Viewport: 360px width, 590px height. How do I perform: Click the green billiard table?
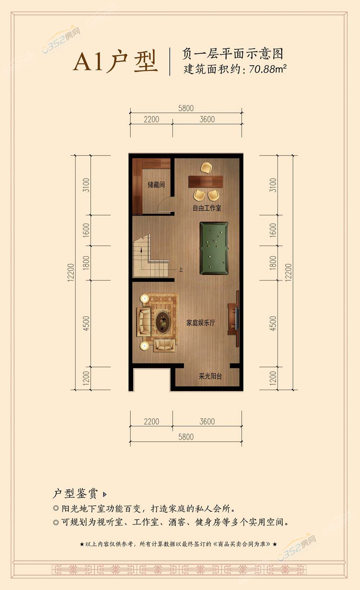coord(214,248)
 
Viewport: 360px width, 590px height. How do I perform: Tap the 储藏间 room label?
coord(156,185)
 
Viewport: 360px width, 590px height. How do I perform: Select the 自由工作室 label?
coord(207,208)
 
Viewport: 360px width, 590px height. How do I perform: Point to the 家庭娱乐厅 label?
coord(201,323)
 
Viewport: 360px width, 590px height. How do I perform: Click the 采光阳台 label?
coord(210,376)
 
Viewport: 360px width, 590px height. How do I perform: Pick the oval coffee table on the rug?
coord(163,322)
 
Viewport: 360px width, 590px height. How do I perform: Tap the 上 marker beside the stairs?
coord(181,270)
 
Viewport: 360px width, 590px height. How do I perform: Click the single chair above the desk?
coord(206,168)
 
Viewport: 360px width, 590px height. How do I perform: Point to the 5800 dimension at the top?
coord(186,108)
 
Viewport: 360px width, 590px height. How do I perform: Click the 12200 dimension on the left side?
coord(71,273)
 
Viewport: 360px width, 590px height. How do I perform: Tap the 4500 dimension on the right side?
coord(273,323)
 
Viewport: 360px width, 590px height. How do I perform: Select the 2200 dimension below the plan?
coord(151,421)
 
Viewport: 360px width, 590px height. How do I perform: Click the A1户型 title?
coord(115,62)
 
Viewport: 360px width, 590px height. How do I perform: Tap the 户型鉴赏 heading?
coord(75,493)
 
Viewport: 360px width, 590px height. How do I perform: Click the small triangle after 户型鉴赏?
coord(104,495)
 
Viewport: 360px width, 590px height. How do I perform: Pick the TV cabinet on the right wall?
coord(233,319)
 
